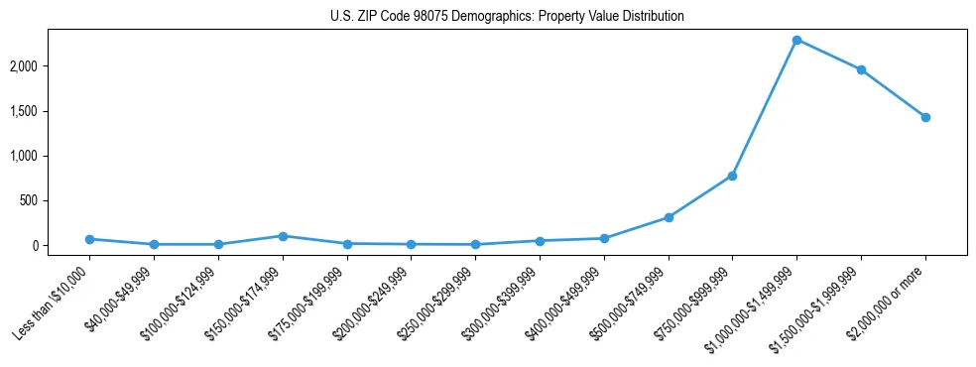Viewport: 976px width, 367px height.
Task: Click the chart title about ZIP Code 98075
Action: [507, 17]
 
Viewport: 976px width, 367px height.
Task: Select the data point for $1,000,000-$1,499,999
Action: [796, 40]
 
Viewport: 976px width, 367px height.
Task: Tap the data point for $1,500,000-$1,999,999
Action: [861, 69]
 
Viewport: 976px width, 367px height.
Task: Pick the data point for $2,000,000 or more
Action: [925, 117]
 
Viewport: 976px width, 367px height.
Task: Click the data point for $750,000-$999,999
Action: [732, 176]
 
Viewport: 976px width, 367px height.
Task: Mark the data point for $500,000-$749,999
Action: [669, 217]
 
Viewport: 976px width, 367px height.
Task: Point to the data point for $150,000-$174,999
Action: [283, 236]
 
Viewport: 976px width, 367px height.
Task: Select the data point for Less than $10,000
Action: [89, 239]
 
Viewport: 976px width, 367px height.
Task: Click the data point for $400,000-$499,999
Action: [604, 238]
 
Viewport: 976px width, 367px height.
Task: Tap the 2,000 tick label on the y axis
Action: [52, 66]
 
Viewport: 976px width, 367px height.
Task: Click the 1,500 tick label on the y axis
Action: [52, 111]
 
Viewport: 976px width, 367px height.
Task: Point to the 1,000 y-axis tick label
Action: [52, 156]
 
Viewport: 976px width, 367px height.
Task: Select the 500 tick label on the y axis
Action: [58, 200]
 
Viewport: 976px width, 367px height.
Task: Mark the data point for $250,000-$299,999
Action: [475, 244]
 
